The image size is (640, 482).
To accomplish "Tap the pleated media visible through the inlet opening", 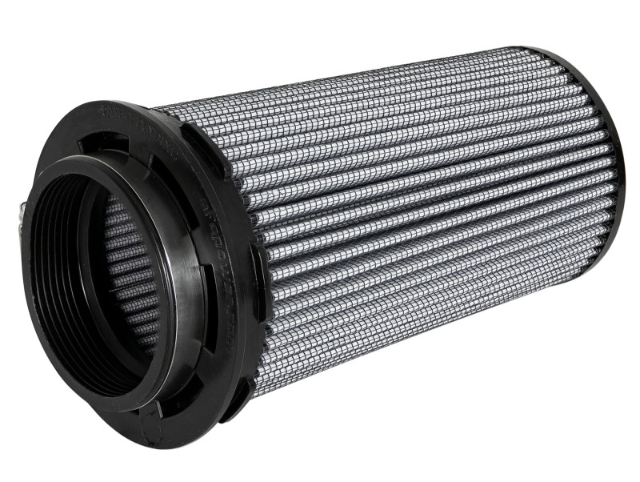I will pos(128,272).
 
